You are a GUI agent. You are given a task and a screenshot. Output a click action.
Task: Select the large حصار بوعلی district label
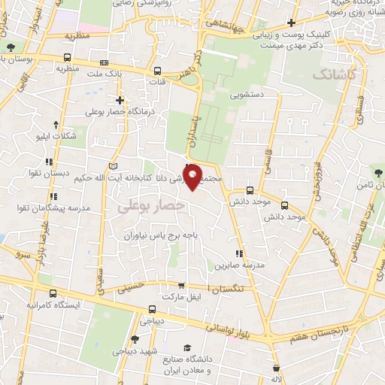coord(150,205)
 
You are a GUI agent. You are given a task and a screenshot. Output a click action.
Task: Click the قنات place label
coord(158,81)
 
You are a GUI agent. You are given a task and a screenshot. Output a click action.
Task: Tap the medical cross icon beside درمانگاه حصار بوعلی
coord(119,100)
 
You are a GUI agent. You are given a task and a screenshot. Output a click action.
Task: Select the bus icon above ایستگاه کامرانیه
coord(52,294)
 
